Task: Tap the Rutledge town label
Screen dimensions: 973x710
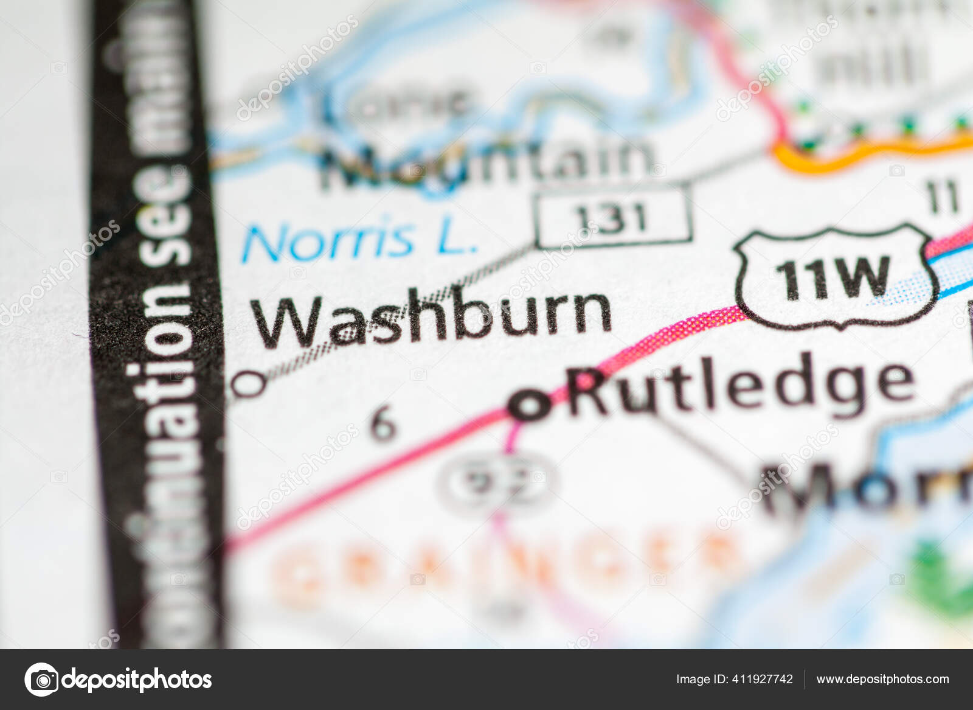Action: coord(742,386)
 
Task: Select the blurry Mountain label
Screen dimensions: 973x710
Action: coord(486,161)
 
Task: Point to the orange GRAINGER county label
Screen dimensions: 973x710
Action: coord(505,563)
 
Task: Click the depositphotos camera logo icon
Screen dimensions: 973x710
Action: coord(41,679)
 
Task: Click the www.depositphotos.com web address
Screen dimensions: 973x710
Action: coord(882,679)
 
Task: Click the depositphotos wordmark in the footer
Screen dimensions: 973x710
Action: coord(137,679)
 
